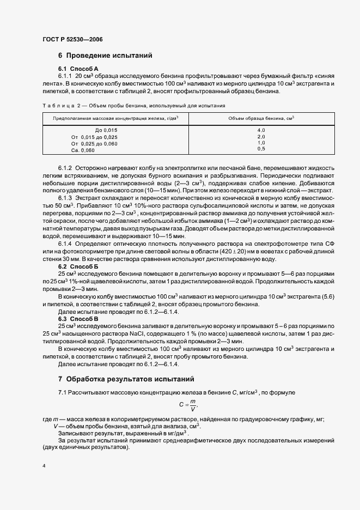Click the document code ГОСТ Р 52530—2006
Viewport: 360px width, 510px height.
click(72, 40)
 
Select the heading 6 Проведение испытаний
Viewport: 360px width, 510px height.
click(105, 56)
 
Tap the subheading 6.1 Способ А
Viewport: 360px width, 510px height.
click(78, 68)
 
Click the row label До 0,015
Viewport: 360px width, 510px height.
click(106, 130)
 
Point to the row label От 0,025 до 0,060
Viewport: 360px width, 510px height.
click(95, 143)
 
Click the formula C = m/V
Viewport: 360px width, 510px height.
click(188, 405)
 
